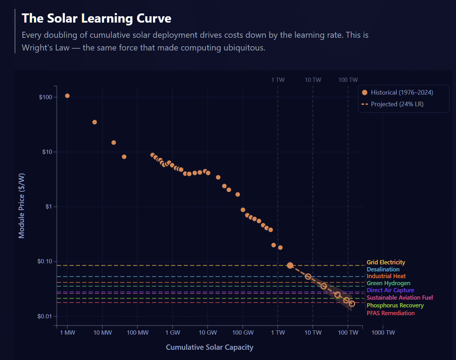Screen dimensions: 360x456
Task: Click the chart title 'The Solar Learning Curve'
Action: point(96,18)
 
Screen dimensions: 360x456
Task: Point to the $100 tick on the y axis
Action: point(45,97)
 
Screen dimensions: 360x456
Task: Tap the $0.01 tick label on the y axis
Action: point(44,316)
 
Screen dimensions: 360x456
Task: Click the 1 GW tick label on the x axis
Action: point(172,332)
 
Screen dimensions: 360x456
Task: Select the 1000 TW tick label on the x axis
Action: point(383,332)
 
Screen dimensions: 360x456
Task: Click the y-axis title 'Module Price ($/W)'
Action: point(22,206)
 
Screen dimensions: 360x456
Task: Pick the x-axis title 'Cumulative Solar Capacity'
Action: point(209,347)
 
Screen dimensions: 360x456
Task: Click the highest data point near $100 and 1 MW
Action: point(67,96)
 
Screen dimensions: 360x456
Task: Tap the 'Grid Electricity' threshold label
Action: point(386,262)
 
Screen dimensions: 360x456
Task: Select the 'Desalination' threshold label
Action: point(383,269)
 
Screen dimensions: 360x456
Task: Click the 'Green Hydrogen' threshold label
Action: point(388,283)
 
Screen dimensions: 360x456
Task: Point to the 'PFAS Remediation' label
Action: point(390,313)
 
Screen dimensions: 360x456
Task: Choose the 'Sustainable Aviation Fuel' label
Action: point(400,298)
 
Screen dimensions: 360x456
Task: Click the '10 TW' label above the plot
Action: point(313,80)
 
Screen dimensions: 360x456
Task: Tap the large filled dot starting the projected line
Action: point(290,265)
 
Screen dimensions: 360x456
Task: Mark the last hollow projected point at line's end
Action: point(352,304)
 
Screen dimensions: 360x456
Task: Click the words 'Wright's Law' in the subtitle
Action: point(45,48)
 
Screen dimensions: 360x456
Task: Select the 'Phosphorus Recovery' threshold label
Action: point(395,305)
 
